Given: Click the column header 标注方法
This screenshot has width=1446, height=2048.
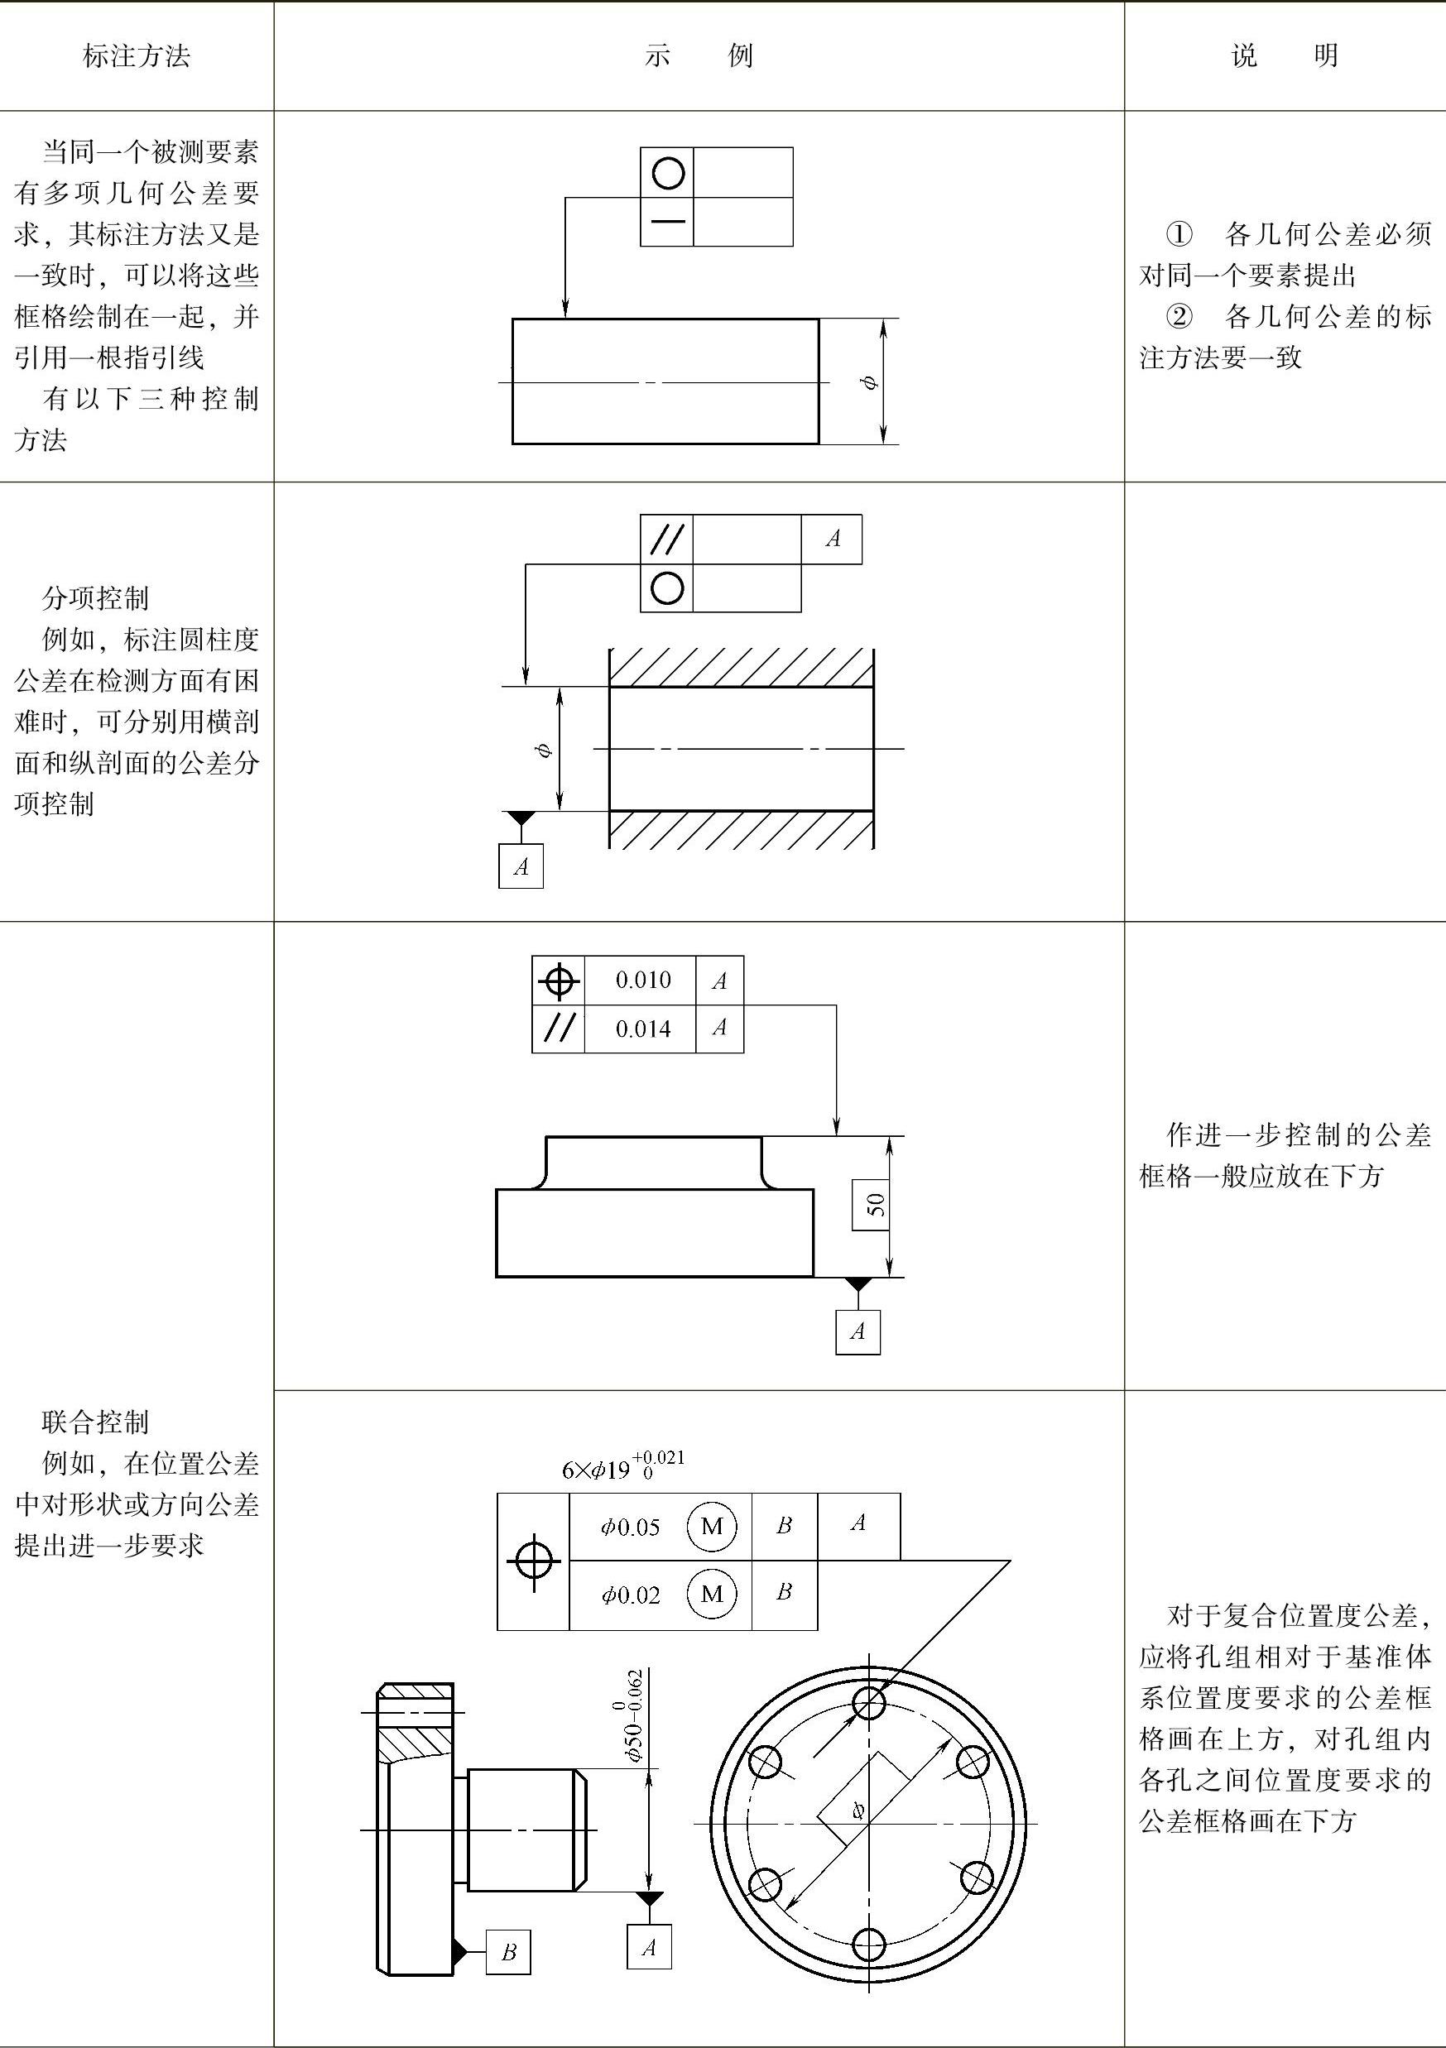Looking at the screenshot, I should [137, 56].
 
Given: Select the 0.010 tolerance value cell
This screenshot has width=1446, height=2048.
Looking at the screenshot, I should [642, 981].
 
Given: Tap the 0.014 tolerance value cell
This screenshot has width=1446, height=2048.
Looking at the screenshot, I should [642, 1029].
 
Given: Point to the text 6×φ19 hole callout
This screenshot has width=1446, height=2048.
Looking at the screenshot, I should [622, 1467].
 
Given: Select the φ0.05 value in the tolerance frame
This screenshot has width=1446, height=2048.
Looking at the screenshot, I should [630, 1527].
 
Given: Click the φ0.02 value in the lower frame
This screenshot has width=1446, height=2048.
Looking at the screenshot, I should [630, 1595].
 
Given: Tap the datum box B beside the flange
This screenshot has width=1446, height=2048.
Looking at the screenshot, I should [508, 1953].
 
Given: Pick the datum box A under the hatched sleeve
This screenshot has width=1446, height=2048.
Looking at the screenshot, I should [521, 866].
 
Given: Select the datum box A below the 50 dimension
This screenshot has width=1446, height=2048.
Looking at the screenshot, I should [858, 1331].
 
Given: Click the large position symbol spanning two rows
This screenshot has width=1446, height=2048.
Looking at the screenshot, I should [533, 1561].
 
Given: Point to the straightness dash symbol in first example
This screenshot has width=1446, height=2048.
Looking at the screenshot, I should [667, 221].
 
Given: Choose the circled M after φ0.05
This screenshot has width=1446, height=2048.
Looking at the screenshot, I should [712, 1526].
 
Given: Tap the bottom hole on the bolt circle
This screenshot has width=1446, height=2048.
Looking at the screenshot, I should [869, 1945].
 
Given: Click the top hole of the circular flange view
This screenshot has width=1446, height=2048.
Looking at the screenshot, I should [869, 1703].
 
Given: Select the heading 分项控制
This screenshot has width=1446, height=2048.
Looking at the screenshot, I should [95, 597].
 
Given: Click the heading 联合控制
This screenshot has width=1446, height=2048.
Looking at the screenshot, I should [95, 1422].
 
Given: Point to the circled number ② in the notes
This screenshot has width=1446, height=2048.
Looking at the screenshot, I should [1179, 317].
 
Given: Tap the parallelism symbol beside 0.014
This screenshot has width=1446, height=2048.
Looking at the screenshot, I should [559, 1029].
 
